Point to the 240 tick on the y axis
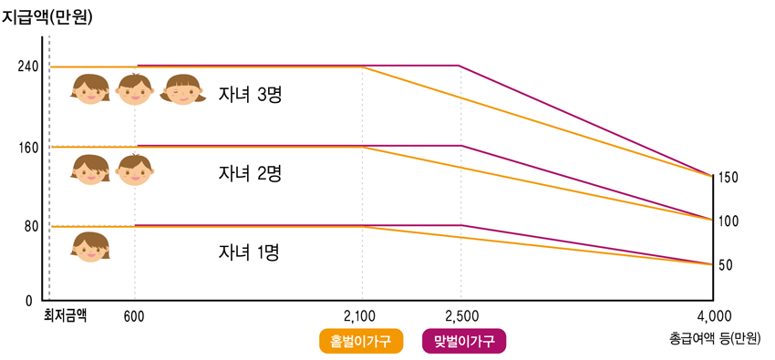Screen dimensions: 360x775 28,67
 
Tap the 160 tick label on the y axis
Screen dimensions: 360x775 28,147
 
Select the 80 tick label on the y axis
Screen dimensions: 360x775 31,226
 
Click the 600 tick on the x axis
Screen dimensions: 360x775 134,316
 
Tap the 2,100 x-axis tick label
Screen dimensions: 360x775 361,316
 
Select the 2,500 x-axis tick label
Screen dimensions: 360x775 461,316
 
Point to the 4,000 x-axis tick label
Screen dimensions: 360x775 712,316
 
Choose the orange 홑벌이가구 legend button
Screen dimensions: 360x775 361,342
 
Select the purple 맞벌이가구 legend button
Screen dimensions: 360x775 464,342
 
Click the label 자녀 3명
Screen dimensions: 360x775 250,95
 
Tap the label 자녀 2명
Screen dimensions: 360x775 250,174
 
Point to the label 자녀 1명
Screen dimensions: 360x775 250,252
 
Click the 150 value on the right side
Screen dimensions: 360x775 728,178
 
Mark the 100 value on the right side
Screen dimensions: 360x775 728,221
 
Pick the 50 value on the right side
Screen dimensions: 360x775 728,265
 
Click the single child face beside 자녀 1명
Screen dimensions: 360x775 90,247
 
